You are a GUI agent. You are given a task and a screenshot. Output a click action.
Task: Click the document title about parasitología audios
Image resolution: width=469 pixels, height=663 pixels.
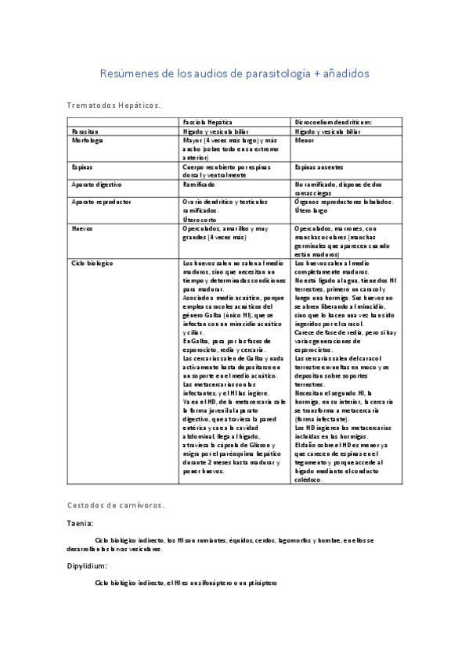(234, 73)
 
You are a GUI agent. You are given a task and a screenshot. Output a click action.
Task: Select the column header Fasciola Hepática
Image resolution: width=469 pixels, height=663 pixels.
(207, 123)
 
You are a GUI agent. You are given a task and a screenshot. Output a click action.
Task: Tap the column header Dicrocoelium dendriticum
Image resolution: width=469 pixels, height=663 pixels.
(333, 123)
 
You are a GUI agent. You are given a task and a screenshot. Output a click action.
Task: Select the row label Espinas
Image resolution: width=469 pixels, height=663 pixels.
(82, 167)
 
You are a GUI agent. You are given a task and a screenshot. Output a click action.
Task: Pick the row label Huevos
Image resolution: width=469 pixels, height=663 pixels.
(82, 229)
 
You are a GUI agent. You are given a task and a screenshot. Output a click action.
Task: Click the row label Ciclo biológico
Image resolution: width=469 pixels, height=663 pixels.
(92, 264)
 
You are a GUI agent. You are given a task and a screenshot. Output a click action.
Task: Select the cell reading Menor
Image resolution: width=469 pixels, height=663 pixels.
(305, 142)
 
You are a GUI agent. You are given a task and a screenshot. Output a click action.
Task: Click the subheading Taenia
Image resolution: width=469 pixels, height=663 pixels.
(80, 523)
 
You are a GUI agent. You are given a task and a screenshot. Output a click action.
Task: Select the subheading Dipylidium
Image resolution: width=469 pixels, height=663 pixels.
(87, 565)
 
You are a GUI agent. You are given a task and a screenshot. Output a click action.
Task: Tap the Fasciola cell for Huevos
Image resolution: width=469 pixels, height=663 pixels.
(225, 233)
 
